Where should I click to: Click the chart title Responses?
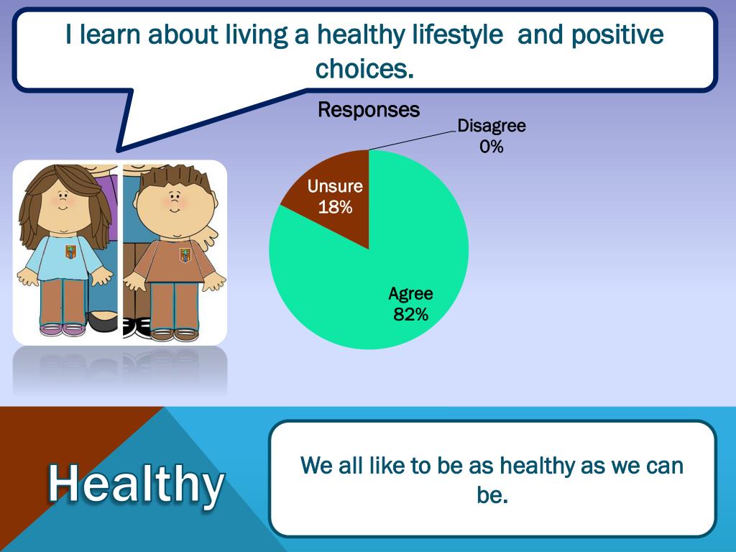(x=369, y=110)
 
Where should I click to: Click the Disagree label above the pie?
(x=492, y=126)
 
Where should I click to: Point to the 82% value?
(x=410, y=314)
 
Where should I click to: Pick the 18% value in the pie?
(x=335, y=207)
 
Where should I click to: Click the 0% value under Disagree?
(x=492, y=147)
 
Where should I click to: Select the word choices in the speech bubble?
(x=364, y=69)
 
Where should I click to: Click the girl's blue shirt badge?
(x=70, y=252)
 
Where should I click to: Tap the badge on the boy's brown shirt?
(x=185, y=255)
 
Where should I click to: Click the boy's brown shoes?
(x=175, y=334)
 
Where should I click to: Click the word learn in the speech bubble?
(x=109, y=35)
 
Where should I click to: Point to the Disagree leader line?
(x=413, y=140)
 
